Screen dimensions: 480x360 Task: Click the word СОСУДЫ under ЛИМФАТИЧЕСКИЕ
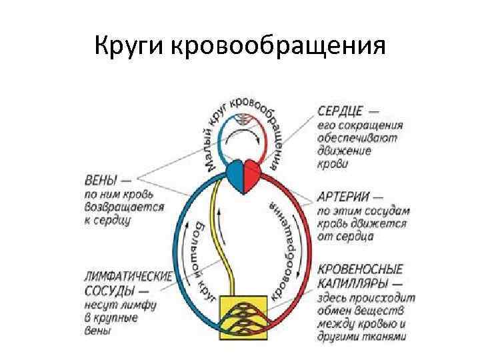109,291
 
